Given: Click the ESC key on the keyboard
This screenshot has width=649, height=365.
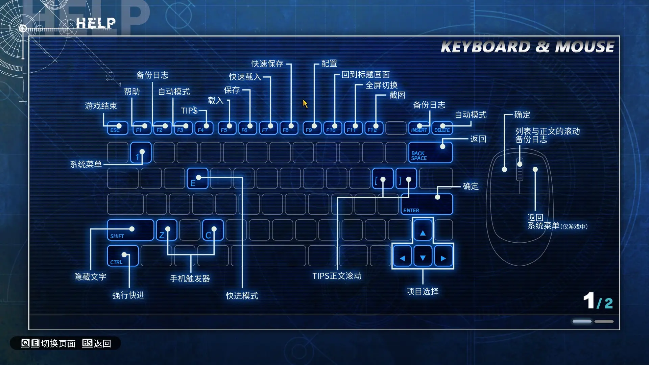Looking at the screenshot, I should (x=117, y=128).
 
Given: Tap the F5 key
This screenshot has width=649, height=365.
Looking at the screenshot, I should (x=227, y=128).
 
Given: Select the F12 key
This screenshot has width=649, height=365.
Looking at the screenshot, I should (x=374, y=128).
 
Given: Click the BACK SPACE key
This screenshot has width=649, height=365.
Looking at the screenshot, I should (x=430, y=153).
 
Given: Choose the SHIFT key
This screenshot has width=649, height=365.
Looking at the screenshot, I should (x=130, y=230).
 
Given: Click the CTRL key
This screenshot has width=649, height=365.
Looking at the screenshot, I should (x=123, y=256).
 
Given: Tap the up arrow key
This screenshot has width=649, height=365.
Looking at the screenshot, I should (x=423, y=230).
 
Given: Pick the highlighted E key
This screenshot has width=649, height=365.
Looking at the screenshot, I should (x=197, y=178).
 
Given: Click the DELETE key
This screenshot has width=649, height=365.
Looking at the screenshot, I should (x=442, y=128).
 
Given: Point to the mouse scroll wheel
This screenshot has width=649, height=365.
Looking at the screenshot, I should (x=520, y=169).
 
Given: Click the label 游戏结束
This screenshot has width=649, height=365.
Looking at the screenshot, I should (x=101, y=106).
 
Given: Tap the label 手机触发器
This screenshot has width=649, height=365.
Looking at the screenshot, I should (x=190, y=278).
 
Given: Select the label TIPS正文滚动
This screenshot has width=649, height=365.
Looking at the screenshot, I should (x=337, y=276).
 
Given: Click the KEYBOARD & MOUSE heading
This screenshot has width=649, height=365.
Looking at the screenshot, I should (x=527, y=47).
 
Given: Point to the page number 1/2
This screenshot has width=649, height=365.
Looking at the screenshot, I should (x=598, y=301).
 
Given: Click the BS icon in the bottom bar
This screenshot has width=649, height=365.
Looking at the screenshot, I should (x=87, y=343).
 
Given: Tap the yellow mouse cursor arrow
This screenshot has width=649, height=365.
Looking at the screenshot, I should (x=305, y=104).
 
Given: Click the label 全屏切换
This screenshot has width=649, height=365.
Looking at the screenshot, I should (x=381, y=85).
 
